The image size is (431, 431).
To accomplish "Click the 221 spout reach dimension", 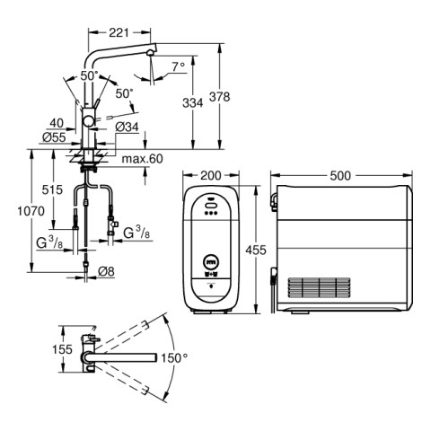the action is pos(119,32).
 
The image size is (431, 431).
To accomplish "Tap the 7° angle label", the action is pos(179,66).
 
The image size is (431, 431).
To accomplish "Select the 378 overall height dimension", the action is pos(219,97).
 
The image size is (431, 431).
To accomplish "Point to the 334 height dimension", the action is pos(193,103).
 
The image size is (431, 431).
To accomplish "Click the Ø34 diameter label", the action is pos(128,128).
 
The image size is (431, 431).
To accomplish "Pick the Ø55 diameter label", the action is pos(54,137).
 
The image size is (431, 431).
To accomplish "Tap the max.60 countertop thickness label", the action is pos(143,159).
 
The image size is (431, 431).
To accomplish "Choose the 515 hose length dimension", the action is pos(52,189).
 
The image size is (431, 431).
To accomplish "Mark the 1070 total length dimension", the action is pos(31,211).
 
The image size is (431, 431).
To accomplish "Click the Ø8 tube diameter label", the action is pos(106,271).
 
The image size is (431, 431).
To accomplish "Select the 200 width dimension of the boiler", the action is pos(211,176).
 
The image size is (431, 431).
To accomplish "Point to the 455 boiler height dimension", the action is pos(256,250).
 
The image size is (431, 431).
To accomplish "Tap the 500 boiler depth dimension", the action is pos(340,176).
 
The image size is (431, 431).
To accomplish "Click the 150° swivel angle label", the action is pos(174,357).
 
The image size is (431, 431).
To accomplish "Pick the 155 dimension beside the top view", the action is pos(62,349).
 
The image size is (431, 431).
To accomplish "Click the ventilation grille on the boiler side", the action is pos(319,287).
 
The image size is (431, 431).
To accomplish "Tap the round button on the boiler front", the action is pos(211,262).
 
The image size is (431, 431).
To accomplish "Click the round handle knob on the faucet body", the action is pos(89,121).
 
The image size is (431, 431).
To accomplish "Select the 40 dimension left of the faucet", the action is pos(57,123).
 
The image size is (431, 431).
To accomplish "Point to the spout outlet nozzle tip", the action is pos(150,53).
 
